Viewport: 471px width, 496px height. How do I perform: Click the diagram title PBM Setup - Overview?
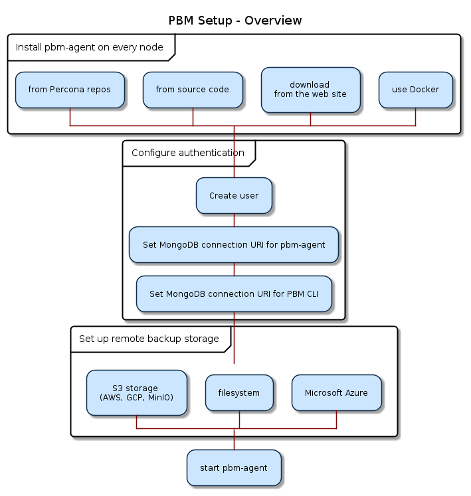point(235,21)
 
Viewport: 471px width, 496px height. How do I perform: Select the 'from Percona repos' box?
point(70,90)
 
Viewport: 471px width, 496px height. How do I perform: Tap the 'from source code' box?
point(192,90)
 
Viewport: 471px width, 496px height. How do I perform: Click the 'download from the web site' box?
point(310,89)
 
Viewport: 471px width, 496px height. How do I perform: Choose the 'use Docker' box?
point(415,90)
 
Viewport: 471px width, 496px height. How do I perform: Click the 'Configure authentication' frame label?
point(187,153)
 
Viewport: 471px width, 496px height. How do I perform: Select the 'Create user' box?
point(234,196)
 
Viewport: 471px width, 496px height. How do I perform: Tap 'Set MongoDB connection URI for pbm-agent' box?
point(234,245)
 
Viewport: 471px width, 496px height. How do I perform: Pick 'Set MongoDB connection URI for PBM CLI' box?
point(234,294)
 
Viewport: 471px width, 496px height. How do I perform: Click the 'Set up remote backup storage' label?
point(149,339)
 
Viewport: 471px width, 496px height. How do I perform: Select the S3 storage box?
point(136,393)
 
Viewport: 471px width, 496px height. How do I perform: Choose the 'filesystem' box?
point(239,393)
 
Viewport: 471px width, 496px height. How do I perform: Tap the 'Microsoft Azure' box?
point(336,393)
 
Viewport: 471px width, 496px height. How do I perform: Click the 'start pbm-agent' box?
point(234,468)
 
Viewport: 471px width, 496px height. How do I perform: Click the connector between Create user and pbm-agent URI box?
point(234,220)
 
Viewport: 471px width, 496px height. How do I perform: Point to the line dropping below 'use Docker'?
point(415,117)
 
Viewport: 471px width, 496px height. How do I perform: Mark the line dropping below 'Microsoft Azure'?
point(336,420)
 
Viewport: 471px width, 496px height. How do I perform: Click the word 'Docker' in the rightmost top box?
point(424,90)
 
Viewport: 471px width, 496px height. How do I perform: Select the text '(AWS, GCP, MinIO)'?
point(136,398)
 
